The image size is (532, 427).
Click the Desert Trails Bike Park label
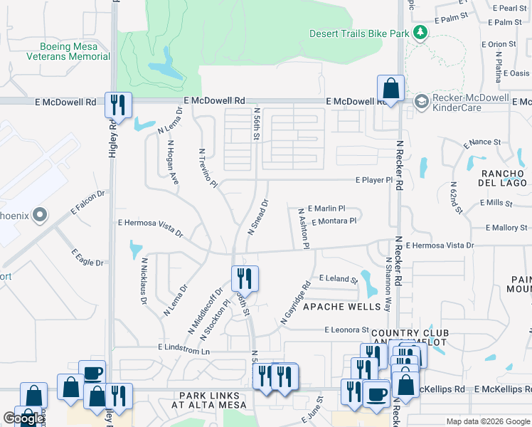[x=360, y=33]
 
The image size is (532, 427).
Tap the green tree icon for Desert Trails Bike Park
[x=420, y=33]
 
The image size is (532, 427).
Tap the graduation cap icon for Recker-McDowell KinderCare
[x=422, y=102]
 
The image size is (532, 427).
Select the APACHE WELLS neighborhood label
[x=337, y=307]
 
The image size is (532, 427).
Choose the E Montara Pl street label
[x=331, y=221]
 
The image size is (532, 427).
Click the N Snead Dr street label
[x=257, y=217]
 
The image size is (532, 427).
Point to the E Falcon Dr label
[x=87, y=202]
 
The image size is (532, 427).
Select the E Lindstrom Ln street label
[x=185, y=351]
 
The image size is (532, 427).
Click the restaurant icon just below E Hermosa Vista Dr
[x=244, y=277]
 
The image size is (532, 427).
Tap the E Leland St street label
[x=338, y=278]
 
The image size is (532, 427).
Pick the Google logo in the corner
[x=23, y=418]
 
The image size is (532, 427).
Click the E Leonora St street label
[x=347, y=330]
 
